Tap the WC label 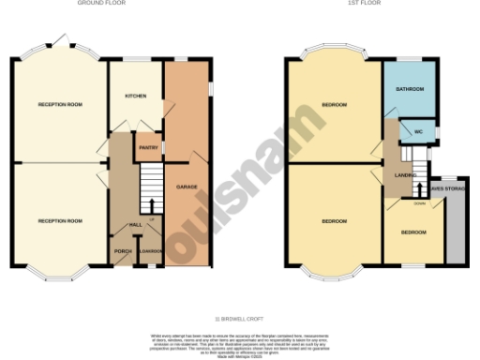[418, 132]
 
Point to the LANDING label [406, 174]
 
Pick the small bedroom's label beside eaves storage [413, 231]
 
